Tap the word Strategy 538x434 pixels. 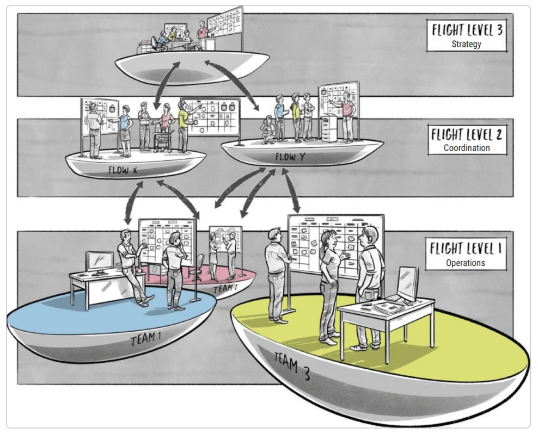coord(466,44)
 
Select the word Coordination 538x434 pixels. coord(466,147)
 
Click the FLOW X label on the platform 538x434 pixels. coord(126,170)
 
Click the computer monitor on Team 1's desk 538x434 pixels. coord(100,262)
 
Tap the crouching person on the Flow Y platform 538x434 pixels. coord(268,129)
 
